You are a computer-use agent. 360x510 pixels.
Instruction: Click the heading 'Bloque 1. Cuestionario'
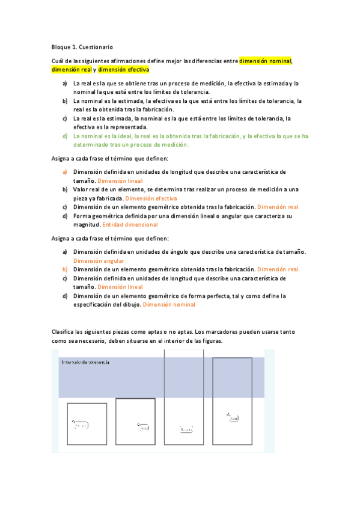(82, 47)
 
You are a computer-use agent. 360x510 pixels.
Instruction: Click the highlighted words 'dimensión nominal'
(265, 61)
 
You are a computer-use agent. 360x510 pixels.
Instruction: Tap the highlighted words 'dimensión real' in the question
(71, 70)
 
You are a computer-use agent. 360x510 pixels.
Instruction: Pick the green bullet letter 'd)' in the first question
(64, 136)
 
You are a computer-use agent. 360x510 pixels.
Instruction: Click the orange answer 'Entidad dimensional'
(130, 224)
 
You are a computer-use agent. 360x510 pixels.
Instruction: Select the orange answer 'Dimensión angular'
(99, 260)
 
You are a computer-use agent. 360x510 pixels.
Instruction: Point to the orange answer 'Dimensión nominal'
(169, 304)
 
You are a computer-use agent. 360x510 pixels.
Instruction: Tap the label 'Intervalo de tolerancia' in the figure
(86, 362)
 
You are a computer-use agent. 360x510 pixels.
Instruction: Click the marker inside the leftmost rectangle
(81, 425)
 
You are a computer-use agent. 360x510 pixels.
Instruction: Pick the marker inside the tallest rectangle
(186, 429)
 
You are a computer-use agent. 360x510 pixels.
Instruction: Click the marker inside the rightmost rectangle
(233, 416)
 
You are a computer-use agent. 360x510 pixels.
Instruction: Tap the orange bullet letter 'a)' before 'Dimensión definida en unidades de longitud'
(64, 171)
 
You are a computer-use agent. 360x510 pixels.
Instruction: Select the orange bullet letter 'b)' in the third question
(64, 269)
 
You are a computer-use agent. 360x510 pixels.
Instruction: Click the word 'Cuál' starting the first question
(58, 61)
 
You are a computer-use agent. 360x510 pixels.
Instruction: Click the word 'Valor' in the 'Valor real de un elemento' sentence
(81, 189)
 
